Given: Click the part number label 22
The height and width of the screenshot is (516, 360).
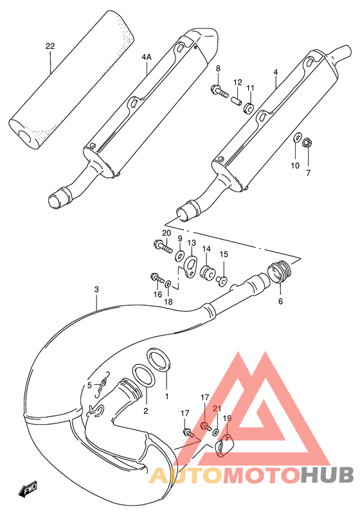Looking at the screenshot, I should (x=51, y=46).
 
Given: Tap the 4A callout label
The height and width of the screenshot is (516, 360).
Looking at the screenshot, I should (x=147, y=57).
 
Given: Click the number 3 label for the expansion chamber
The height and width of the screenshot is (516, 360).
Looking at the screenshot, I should (x=96, y=290).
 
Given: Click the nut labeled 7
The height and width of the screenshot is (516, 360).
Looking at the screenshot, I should (x=307, y=142).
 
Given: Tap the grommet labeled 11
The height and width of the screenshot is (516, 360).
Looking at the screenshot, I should (x=249, y=106).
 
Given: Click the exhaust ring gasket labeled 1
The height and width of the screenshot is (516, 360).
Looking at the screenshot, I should (x=159, y=360).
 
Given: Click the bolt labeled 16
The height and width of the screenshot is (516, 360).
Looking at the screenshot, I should (x=157, y=278).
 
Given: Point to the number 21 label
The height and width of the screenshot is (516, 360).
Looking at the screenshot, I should (x=217, y=408).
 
